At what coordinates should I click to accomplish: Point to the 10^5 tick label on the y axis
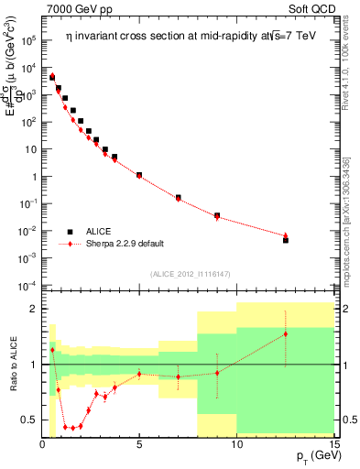point(29,41)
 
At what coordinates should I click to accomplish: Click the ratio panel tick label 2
point(32,309)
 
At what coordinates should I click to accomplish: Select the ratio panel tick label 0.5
point(29,420)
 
